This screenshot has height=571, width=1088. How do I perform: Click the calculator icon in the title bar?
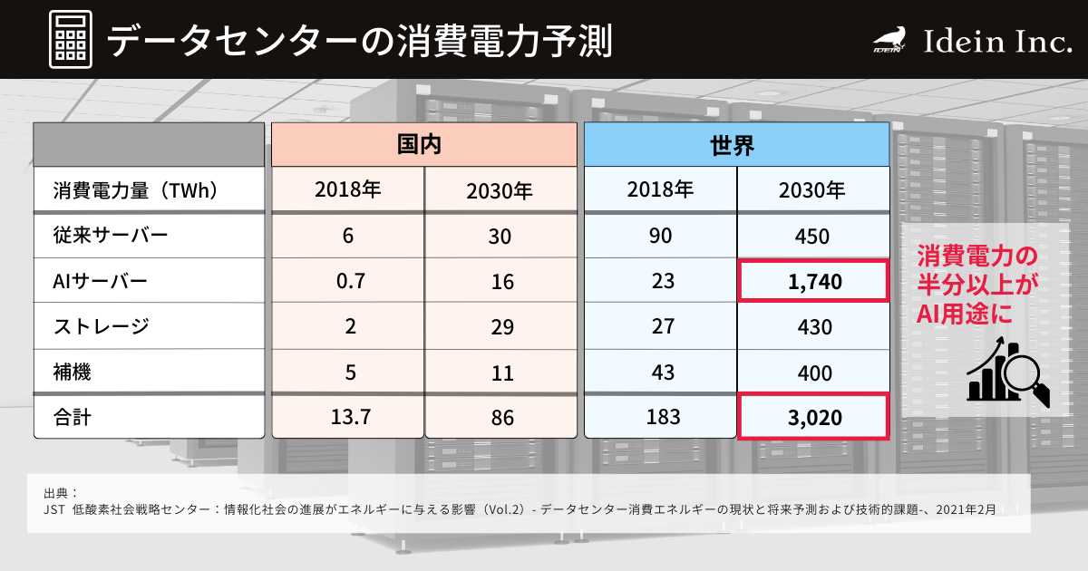(69, 40)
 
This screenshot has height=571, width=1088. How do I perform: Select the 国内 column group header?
(424, 144)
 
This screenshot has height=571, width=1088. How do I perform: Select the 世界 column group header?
(735, 144)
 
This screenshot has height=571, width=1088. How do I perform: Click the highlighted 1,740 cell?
(811, 282)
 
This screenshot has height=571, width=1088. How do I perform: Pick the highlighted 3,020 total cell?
(811, 418)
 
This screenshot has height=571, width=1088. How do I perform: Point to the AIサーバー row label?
(101, 282)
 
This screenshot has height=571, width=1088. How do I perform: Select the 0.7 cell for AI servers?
(350, 282)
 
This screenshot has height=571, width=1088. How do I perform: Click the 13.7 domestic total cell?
(350, 418)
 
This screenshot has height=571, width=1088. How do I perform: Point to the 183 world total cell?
(662, 418)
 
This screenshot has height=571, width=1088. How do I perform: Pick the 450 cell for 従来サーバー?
(811, 237)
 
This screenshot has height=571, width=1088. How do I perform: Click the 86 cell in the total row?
(500, 418)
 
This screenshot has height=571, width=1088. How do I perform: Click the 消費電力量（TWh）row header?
(136, 190)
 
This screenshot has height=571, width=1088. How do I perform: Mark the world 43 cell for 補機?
(662, 373)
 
